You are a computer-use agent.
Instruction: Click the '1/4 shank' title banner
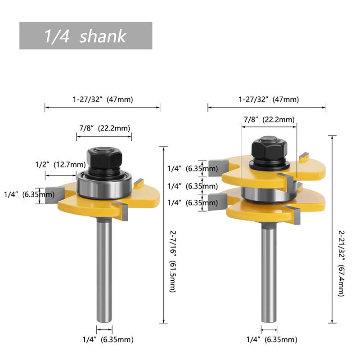(x=85, y=36)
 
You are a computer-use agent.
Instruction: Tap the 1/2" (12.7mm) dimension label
(x=61, y=165)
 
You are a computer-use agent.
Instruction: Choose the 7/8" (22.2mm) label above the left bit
(x=105, y=128)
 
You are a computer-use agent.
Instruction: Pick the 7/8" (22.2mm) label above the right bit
(x=269, y=120)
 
